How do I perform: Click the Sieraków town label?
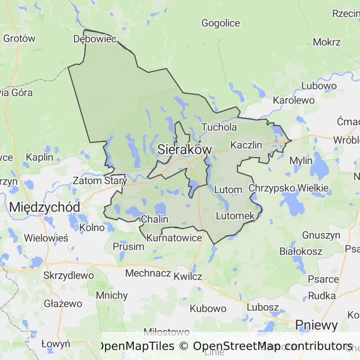pos(185,150)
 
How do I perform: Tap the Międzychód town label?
pos(45,207)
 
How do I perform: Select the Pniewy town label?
pos(316,325)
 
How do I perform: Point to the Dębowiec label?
pos(95,39)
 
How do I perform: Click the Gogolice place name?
pos(220,23)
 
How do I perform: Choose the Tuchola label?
pos(219,127)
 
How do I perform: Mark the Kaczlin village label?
pos(247,145)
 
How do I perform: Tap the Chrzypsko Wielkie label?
pos(288,188)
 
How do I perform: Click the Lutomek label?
pos(235,216)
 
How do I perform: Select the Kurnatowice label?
pos(174,238)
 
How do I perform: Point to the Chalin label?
pos(154,219)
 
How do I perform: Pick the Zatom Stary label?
pos(100,180)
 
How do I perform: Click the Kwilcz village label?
pos(187,277)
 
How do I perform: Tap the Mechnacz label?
pos(148,273)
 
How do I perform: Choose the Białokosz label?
pos(300,251)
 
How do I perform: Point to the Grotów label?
pos(19,38)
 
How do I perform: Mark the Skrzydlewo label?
pos(68,276)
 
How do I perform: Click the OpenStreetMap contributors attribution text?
pos(272,346)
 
